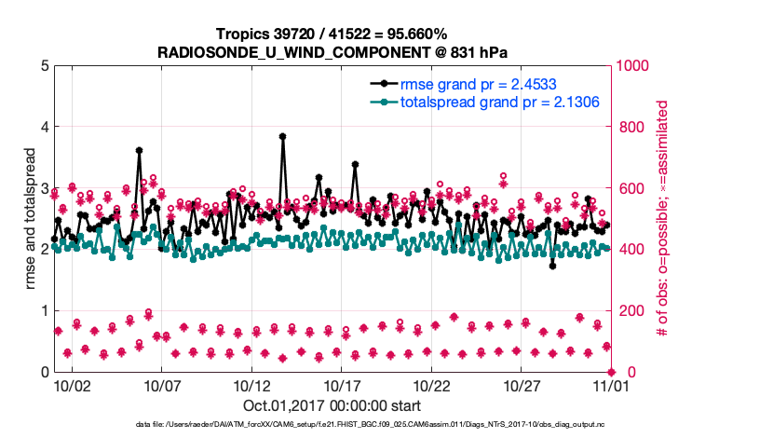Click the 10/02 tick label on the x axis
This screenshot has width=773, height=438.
(x=72, y=384)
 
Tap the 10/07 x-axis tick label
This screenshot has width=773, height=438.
(x=161, y=384)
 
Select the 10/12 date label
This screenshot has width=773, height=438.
(x=251, y=384)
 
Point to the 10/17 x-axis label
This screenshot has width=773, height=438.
(x=341, y=384)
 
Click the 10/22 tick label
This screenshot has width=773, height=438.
(x=430, y=384)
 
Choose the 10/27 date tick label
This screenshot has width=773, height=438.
(x=520, y=384)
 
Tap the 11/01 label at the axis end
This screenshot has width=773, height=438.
(x=609, y=384)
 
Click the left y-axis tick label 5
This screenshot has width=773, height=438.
(x=44, y=66)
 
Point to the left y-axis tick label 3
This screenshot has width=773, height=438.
(x=44, y=188)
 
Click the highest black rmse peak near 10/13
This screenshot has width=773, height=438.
(x=282, y=136)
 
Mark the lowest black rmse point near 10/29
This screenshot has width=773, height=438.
(x=552, y=266)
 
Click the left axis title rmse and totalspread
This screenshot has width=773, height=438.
(x=30, y=218)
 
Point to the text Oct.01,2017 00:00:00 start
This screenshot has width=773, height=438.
(x=332, y=405)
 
